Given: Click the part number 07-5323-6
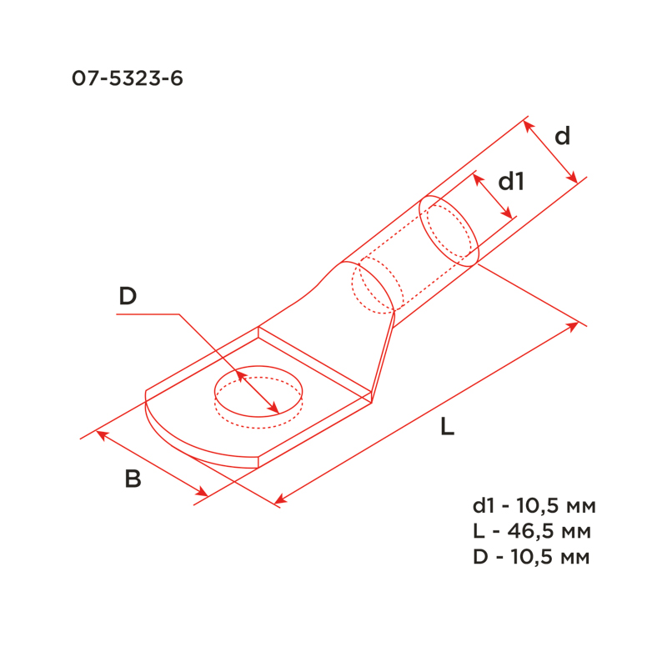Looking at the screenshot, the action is tap(128, 78).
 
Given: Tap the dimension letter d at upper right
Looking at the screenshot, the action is tap(562, 136).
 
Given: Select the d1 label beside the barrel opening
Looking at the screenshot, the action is tap(511, 181).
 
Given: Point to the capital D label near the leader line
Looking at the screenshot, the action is tap(128, 296).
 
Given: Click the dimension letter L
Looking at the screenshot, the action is tap(448, 426).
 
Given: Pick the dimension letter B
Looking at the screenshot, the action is tap(133, 479).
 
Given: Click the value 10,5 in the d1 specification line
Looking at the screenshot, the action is tap(534, 506).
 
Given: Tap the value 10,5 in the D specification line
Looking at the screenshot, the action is tap(529, 557).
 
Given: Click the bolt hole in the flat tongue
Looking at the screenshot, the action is tap(258, 366).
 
